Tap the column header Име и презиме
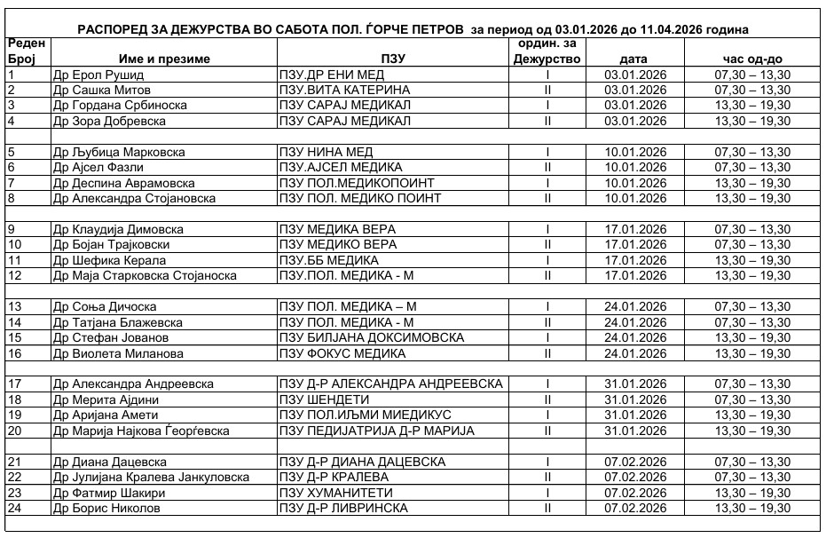163,59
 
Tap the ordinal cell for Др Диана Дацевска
548,462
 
